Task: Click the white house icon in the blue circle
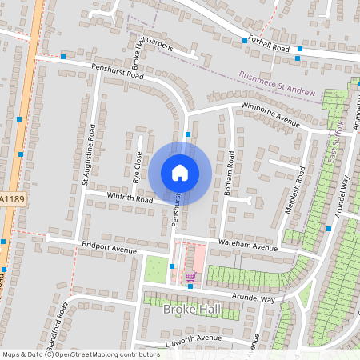pyautogui.click(x=180, y=172)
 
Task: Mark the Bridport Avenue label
pyautogui.click(x=110, y=248)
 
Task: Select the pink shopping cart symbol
pyautogui.click(x=190, y=277)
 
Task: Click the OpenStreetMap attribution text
pyautogui.click(x=80, y=354)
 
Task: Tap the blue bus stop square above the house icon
pyautogui.click(x=187, y=134)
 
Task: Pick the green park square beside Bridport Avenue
pyautogui.click(x=156, y=270)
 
